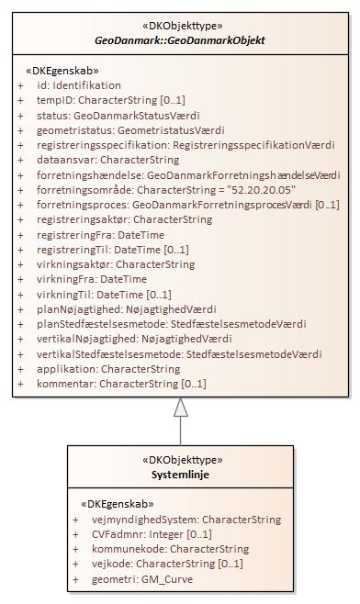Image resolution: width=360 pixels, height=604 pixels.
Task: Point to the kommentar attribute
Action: click(x=120, y=383)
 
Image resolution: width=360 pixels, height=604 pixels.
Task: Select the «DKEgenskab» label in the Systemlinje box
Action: click(x=118, y=504)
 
